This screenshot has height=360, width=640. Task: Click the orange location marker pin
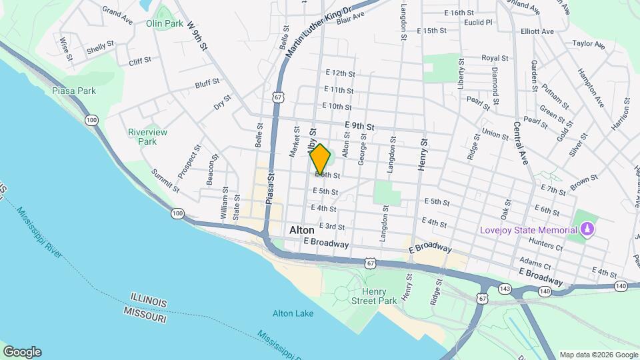pyautogui.click(x=320, y=159)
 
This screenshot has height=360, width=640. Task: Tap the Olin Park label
pyautogui.click(x=164, y=23)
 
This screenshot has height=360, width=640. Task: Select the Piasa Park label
pyautogui.click(x=74, y=91)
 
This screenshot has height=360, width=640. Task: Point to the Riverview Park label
pyautogui.click(x=147, y=137)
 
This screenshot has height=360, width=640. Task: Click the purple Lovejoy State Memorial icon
pyautogui.click(x=587, y=231)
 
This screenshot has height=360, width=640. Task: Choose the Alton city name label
pyautogui.click(x=302, y=230)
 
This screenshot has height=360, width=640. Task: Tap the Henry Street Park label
pyautogui.click(x=379, y=296)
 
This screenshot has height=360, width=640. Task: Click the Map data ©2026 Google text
pyautogui.click(x=599, y=355)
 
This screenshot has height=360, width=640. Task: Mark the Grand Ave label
pyautogui.click(x=116, y=13)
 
